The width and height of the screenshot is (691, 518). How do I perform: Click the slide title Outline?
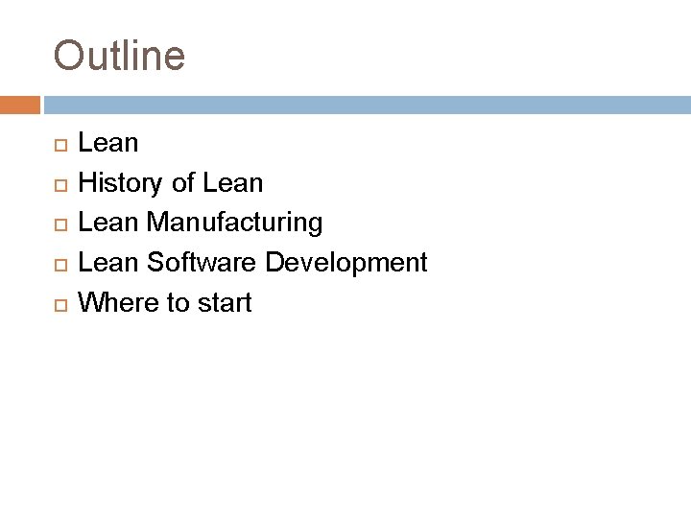pos(119,56)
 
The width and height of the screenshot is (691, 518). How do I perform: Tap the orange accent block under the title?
pos(19,104)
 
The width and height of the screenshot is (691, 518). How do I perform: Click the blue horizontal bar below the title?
pos(365,104)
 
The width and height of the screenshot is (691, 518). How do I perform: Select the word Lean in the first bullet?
pos(108,144)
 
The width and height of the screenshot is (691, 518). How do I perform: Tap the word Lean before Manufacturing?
pos(108,224)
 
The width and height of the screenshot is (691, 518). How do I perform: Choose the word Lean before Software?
pos(108,263)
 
